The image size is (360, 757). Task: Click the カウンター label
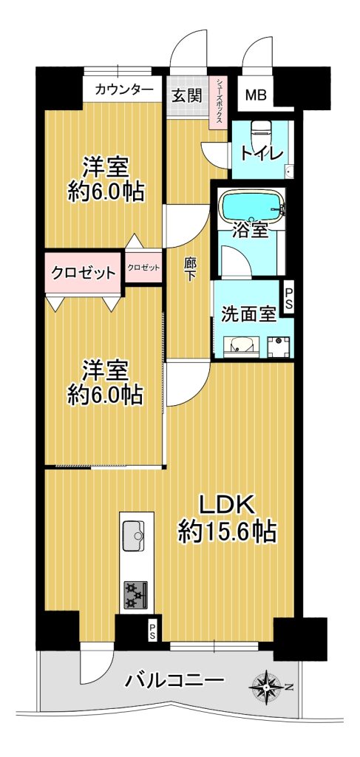coord(124,89)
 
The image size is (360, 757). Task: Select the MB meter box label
coord(255,95)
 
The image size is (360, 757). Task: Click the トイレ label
coord(261,155)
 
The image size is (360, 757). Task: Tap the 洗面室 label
coord(248,314)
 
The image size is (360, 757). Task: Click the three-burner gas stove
coord(137,594)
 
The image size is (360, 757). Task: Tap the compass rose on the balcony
coord(266,685)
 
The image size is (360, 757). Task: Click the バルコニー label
coord(174,682)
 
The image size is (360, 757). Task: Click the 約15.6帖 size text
coord(227,532)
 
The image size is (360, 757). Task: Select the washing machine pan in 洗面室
coord(279,346)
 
